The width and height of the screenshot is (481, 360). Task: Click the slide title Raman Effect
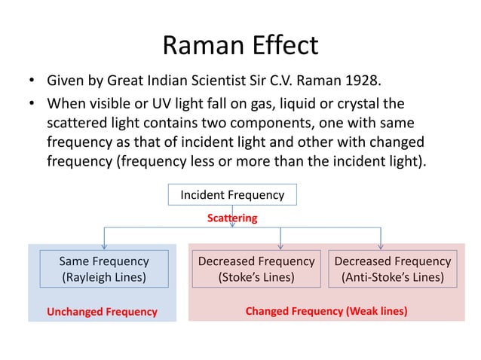click(x=240, y=45)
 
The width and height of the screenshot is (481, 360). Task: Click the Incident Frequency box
click(x=232, y=195)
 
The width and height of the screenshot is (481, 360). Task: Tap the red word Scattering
click(x=232, y=218)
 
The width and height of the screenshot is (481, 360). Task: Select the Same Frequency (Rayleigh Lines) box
click(x=104, y=269)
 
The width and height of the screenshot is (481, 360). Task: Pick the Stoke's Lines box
click(x=256, y=269)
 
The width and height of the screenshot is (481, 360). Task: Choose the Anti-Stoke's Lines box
click(x=392, y=269)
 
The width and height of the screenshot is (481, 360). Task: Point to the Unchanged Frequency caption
click(x=102, y=311)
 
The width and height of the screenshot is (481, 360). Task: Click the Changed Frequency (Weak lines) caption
click(x=326, y=310)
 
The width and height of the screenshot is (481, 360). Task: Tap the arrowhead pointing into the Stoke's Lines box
click(x=280, y=246)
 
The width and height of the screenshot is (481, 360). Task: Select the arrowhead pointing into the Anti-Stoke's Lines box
click(x=380, y=246)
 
